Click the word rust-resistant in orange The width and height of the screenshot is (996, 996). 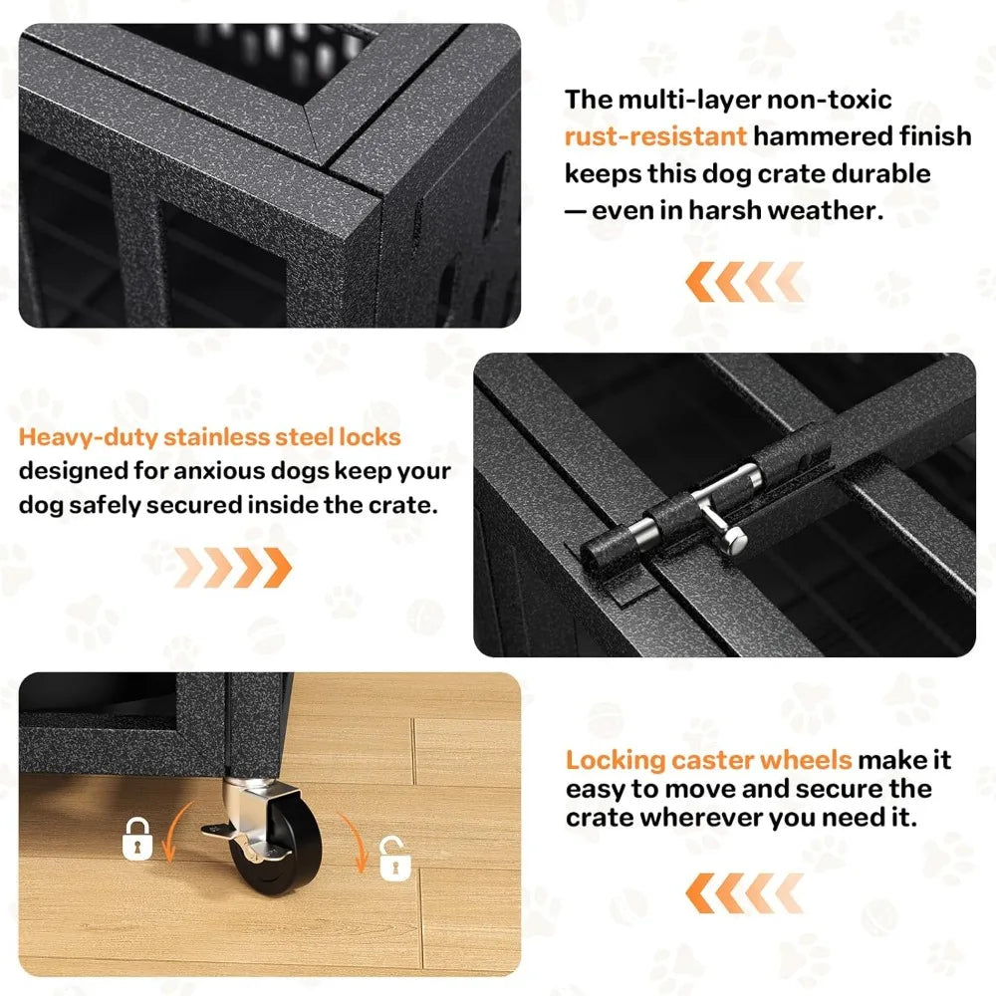pyautogui.click(x=655, y=136)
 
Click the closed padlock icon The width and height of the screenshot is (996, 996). pyautogui.click(x=137, y=839)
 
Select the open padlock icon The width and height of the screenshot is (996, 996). pyautogui.click(x=394, y=859)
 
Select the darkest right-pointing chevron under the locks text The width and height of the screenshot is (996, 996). pyautogui.click(x=278, y=568)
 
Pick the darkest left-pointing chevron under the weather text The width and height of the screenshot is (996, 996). pyautogui.click(x=700, y=282)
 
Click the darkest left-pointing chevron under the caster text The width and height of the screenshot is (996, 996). pyautogui.click(x=700, y=893)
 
